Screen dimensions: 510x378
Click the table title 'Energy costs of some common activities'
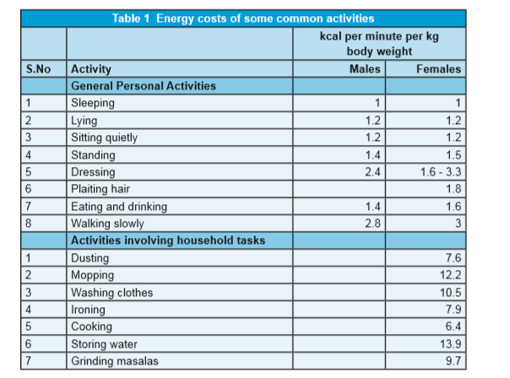coord(265,19)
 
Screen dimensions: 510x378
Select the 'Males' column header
coord(365,69)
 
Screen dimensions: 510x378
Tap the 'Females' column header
coord(438,69)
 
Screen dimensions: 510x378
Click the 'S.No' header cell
coord(38,69)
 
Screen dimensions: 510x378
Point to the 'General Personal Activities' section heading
coord(144,86)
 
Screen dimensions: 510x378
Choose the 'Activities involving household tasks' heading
coord(168,240)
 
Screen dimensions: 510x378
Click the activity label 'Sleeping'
coord(93,103)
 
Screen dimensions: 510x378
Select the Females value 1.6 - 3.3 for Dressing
coord(441,171)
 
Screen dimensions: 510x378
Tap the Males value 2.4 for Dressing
coord(372,171)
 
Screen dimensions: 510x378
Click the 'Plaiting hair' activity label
coord(100,189)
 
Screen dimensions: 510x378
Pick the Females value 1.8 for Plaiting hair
coord(453,189)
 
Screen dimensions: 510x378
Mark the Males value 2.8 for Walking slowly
coord(372,224)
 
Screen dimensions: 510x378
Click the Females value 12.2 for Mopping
coord(451,275)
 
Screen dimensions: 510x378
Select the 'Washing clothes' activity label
coord(112,293)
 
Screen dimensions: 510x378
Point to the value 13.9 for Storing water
coord(451,344)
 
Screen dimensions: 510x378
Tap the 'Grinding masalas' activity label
coord(115,361)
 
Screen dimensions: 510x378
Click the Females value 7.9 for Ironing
coord(453,310)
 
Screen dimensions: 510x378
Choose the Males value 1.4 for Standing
coord(372,154)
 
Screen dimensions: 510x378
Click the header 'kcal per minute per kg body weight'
coord(379,44)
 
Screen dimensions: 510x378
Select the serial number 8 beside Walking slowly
coord(29,224)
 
